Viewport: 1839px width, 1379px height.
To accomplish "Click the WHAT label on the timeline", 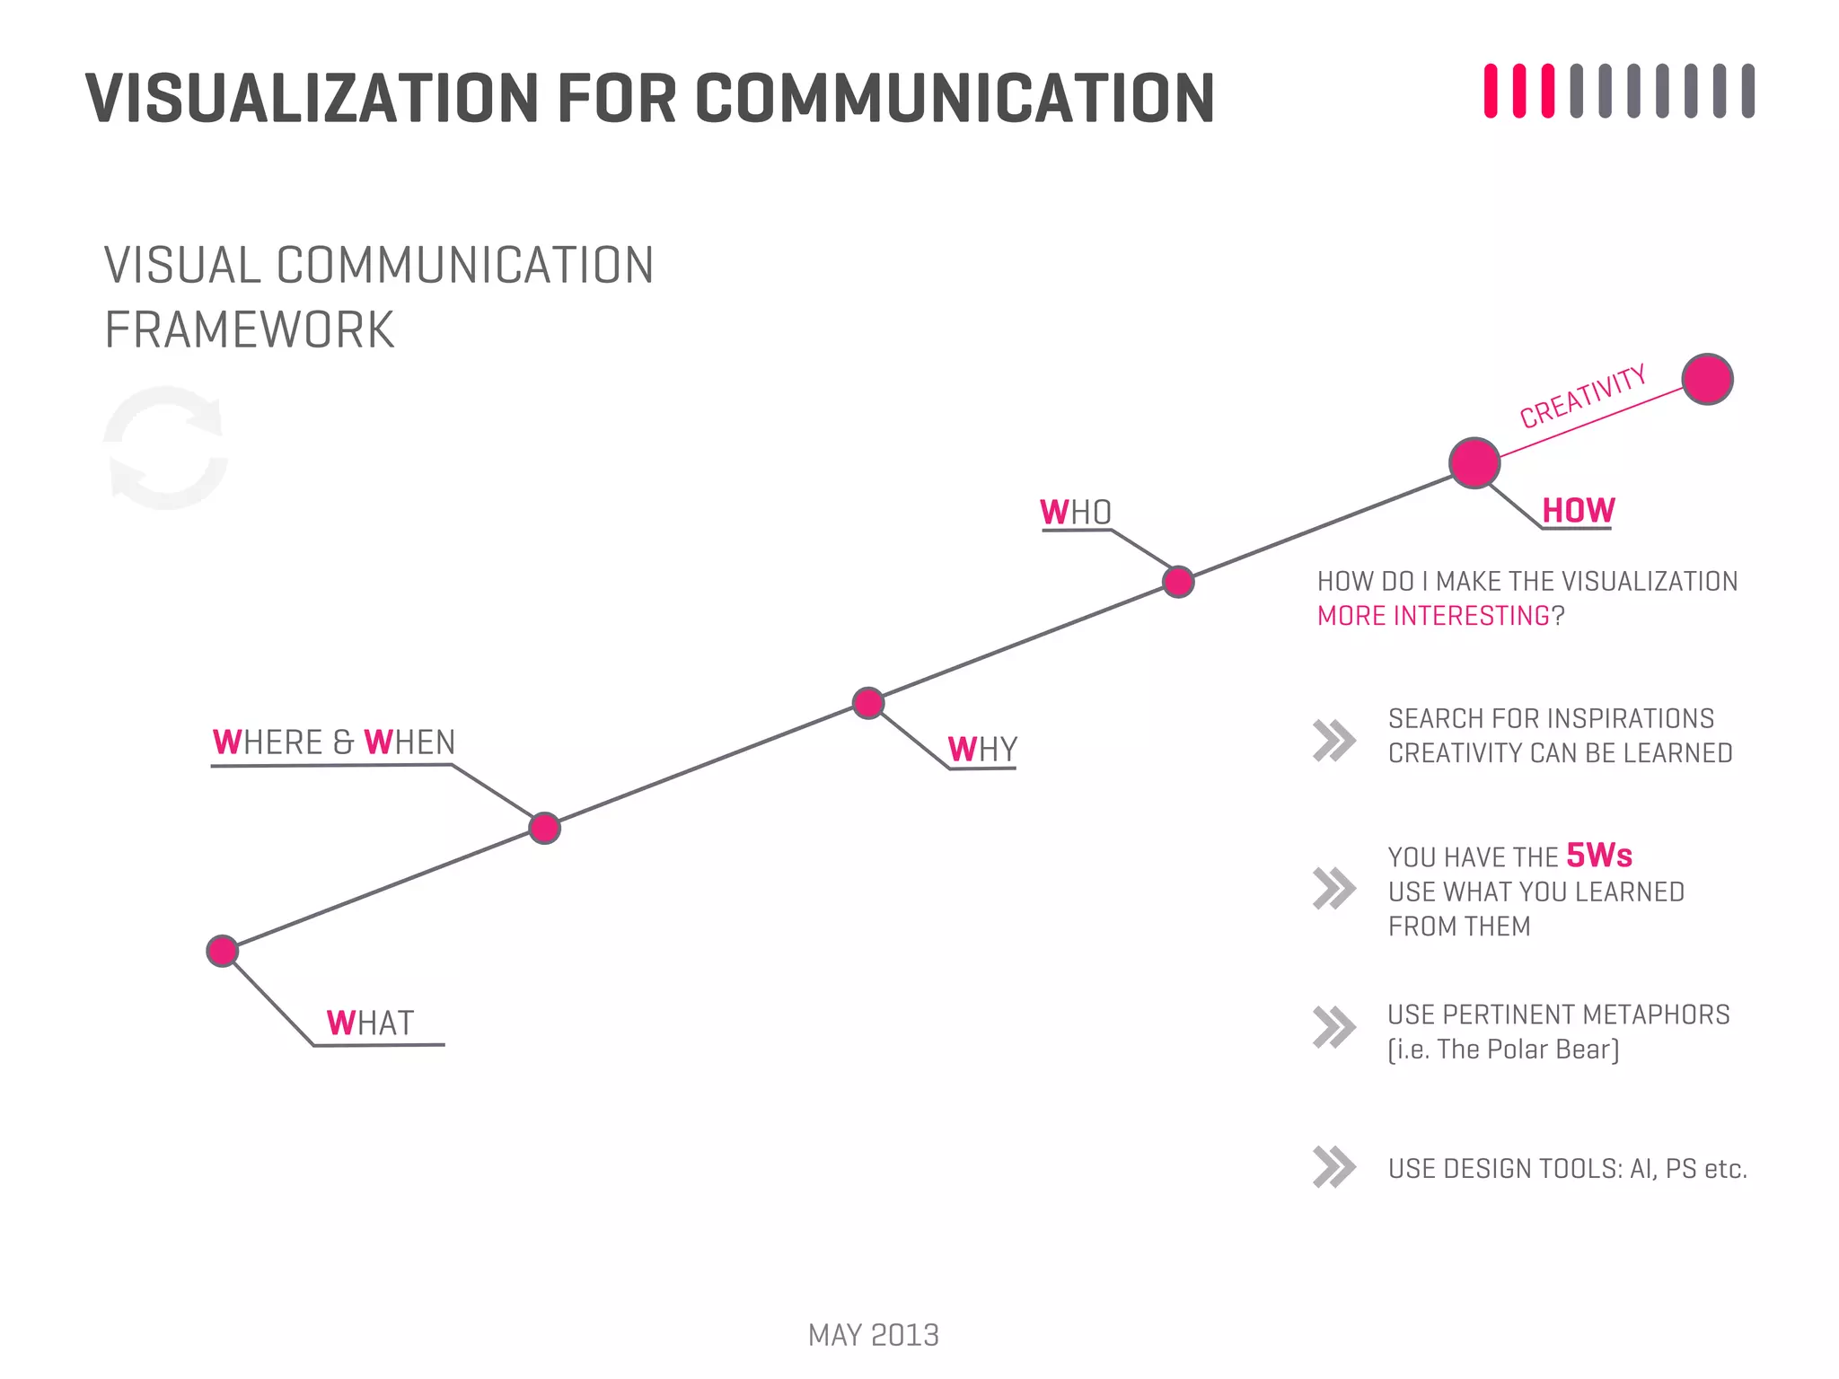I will coord(370,1023).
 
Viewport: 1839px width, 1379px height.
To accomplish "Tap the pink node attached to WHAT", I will coord(223,951).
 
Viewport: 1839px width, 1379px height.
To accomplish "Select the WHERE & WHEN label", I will coord(334,742).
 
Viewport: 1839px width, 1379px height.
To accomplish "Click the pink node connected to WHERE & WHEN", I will coord(544,828).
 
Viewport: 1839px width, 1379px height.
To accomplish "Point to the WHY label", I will coord(982,749).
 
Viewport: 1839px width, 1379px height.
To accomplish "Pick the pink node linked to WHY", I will coord(868,703).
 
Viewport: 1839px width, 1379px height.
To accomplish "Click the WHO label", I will coord(1076,513).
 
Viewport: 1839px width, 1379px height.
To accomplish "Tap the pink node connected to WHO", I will coord(1178,582).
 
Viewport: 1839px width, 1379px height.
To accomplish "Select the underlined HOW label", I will coord(1578,510).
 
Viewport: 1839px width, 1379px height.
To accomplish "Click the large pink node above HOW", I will coord(1474,463).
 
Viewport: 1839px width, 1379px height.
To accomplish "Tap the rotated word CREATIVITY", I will coord(1582,397).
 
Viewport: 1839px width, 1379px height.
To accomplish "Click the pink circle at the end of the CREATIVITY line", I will coord(1707,380).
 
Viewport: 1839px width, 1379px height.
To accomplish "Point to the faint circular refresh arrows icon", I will coord(165,448).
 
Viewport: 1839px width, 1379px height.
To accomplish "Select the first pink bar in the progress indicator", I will coord(1491,91).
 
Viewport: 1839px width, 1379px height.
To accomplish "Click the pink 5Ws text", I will coord(1599,855).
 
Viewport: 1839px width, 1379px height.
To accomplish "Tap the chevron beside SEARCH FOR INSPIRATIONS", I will coord(1333,741).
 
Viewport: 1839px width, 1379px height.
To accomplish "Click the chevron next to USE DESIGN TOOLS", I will coord(1333,1167).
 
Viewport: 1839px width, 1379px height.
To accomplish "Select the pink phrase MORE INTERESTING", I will coord(1433,616).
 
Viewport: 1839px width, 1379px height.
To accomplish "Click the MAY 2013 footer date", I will coord(873,1335).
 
